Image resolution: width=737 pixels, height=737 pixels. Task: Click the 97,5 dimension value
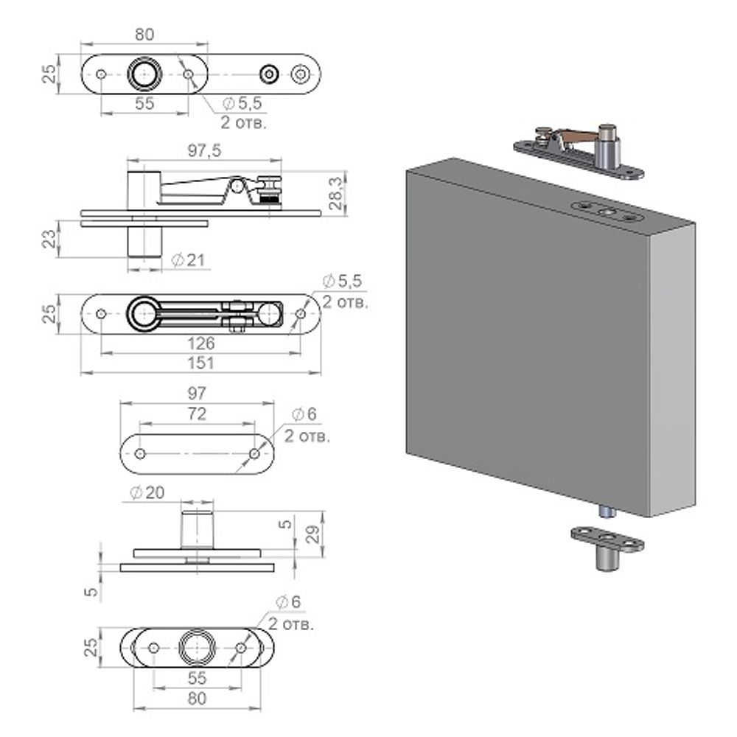click(204, 150)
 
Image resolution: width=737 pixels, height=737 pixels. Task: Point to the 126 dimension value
click(200, 343)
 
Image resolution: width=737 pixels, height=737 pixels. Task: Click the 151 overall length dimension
click(200, 363)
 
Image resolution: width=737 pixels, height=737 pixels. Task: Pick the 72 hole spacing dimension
click(198, 413)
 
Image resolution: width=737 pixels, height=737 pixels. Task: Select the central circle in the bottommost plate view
click(197, 647)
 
